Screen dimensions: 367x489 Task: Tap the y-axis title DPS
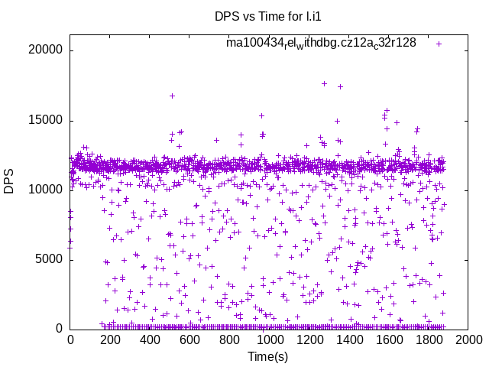coord(9,182)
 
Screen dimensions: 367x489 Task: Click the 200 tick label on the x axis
coord(110,339)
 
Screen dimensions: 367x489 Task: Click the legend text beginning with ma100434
coord(321,43)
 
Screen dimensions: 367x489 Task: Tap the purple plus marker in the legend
coord(439,44)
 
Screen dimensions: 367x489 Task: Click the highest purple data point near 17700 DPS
coord(324,83)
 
